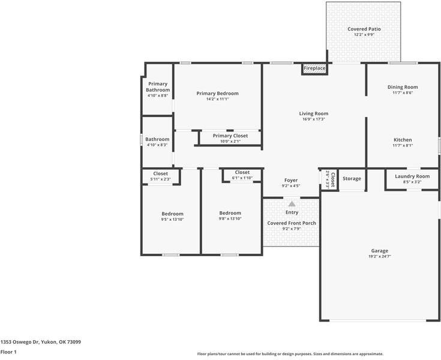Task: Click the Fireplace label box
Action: [315, 68]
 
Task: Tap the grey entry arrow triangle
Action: [292, 203]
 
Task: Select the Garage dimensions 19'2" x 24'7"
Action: [380, 256]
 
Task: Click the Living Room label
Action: [314, 113]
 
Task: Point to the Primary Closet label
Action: [230, 136]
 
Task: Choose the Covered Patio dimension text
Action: [364, 35]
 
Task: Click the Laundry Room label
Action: [412, 176]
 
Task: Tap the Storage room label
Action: [352, 179]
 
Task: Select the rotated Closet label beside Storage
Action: [333, 180]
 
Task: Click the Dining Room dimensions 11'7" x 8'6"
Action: [403, 92]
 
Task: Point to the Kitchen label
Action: [403, 140]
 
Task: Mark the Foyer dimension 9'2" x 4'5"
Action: [291, 185]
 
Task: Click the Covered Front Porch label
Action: [292, 223]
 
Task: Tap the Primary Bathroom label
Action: [158, 87]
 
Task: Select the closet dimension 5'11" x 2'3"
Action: [161, 179]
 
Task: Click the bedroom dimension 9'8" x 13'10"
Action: [230, 218]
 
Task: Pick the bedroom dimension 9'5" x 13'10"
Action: [172, 220]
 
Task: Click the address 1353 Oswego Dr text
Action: [20, 342]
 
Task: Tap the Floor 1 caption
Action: [8, 352]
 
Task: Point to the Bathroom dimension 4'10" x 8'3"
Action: [157, 145]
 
